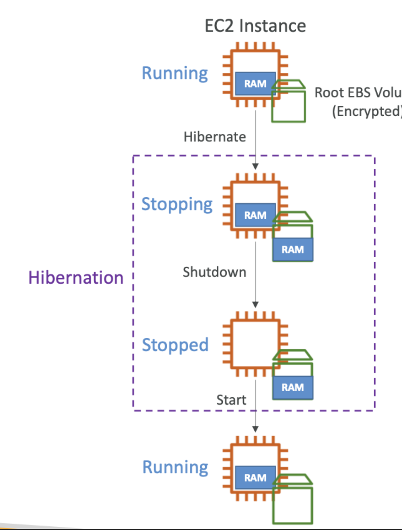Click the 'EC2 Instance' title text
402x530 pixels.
pos(255,26)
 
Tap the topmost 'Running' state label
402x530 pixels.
pos(175,73)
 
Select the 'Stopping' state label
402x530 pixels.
pos(177,204)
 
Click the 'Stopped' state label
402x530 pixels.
pos(175,345)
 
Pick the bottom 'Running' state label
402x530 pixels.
pos(175,467)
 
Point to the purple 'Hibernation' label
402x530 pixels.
pos(76,277)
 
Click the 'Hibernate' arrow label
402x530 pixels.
pos(215,137)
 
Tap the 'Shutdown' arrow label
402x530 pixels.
pos(215,272)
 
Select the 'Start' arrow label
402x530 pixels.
pos(231,400)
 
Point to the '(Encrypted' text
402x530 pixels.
pos(366,111)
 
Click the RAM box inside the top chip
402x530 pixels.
pos(255,84)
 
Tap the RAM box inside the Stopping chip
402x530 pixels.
pos(255,215)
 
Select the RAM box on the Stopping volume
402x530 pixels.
pos(293,250)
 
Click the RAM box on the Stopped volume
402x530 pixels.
pos(293,387)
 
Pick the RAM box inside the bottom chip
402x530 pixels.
pos(255,478)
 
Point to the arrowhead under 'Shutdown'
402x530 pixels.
pos(256,305)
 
